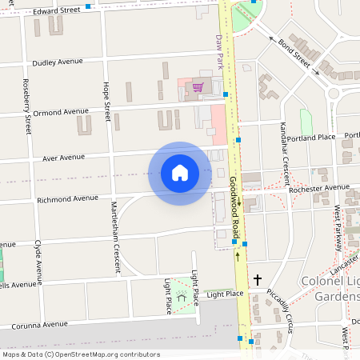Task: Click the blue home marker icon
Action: (180, 173)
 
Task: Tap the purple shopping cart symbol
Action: (197, 87)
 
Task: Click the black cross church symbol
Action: (257, 280)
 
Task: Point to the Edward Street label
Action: (58, 10)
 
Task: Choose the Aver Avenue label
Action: (63, 158)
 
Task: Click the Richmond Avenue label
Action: (67, 198)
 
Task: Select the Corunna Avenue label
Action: (39, 325)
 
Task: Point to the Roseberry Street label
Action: (27, 106)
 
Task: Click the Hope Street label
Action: (106, 101)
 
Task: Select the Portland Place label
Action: (313, 138)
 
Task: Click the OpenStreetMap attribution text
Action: (81, 354)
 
